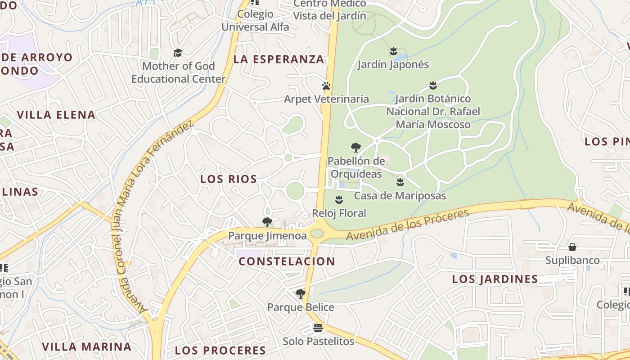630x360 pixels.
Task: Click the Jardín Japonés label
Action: click(x=393, y=64)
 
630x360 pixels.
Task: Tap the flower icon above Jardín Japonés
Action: click(x=393, y=51)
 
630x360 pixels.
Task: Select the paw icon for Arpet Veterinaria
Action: click(x=326, y=85)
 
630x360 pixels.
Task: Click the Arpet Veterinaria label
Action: click(x=326, y=99)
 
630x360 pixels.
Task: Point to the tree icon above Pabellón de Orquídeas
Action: click(x=355, y=147)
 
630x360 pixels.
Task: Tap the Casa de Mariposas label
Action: click(x=400, y=196)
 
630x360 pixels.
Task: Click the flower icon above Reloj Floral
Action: click(x=339, y=199)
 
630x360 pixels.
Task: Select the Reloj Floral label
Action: click(x=339, y=213)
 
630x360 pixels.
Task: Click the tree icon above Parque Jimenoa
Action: click(x=267, y=222)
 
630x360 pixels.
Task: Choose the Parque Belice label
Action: click(x=301, y=307)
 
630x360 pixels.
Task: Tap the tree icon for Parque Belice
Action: click(x=301, y=294)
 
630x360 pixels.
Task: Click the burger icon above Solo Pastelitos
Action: click(x=318, y=328)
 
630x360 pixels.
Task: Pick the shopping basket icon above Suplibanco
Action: click(x=572, y=247)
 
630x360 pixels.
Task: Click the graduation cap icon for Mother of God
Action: click(x=178, y=53)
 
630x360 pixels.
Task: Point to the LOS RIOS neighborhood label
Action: click(x=229, y=179)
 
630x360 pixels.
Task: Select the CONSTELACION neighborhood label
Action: click(x=287, y=261)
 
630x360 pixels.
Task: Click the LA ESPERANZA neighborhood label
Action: click(x=279, y=59)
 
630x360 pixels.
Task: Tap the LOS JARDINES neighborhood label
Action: click(x=495, y=279)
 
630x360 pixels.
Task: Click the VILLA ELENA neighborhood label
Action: click(x=56, y=115)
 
